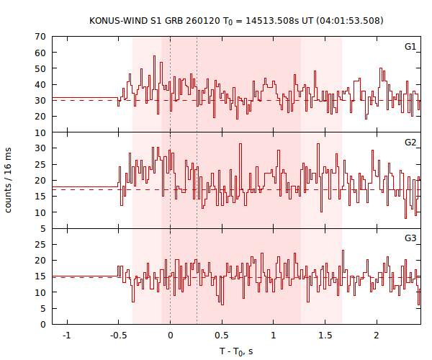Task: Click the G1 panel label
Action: click(410, 47)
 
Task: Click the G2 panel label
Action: click(410, 143)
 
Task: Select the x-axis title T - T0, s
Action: click(236, 351)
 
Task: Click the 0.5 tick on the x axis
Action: click(222, 336)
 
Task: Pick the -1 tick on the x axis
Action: click(66, 336)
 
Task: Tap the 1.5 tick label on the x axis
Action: click(325, 336)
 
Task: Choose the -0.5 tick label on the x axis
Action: click(117, 336)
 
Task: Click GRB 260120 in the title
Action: click(181, 21)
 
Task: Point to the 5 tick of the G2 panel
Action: click(44, 229)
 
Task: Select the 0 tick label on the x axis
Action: click(170, 336)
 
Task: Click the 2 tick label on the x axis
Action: click(377, 336)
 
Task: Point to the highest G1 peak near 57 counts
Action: click(153, 56)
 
